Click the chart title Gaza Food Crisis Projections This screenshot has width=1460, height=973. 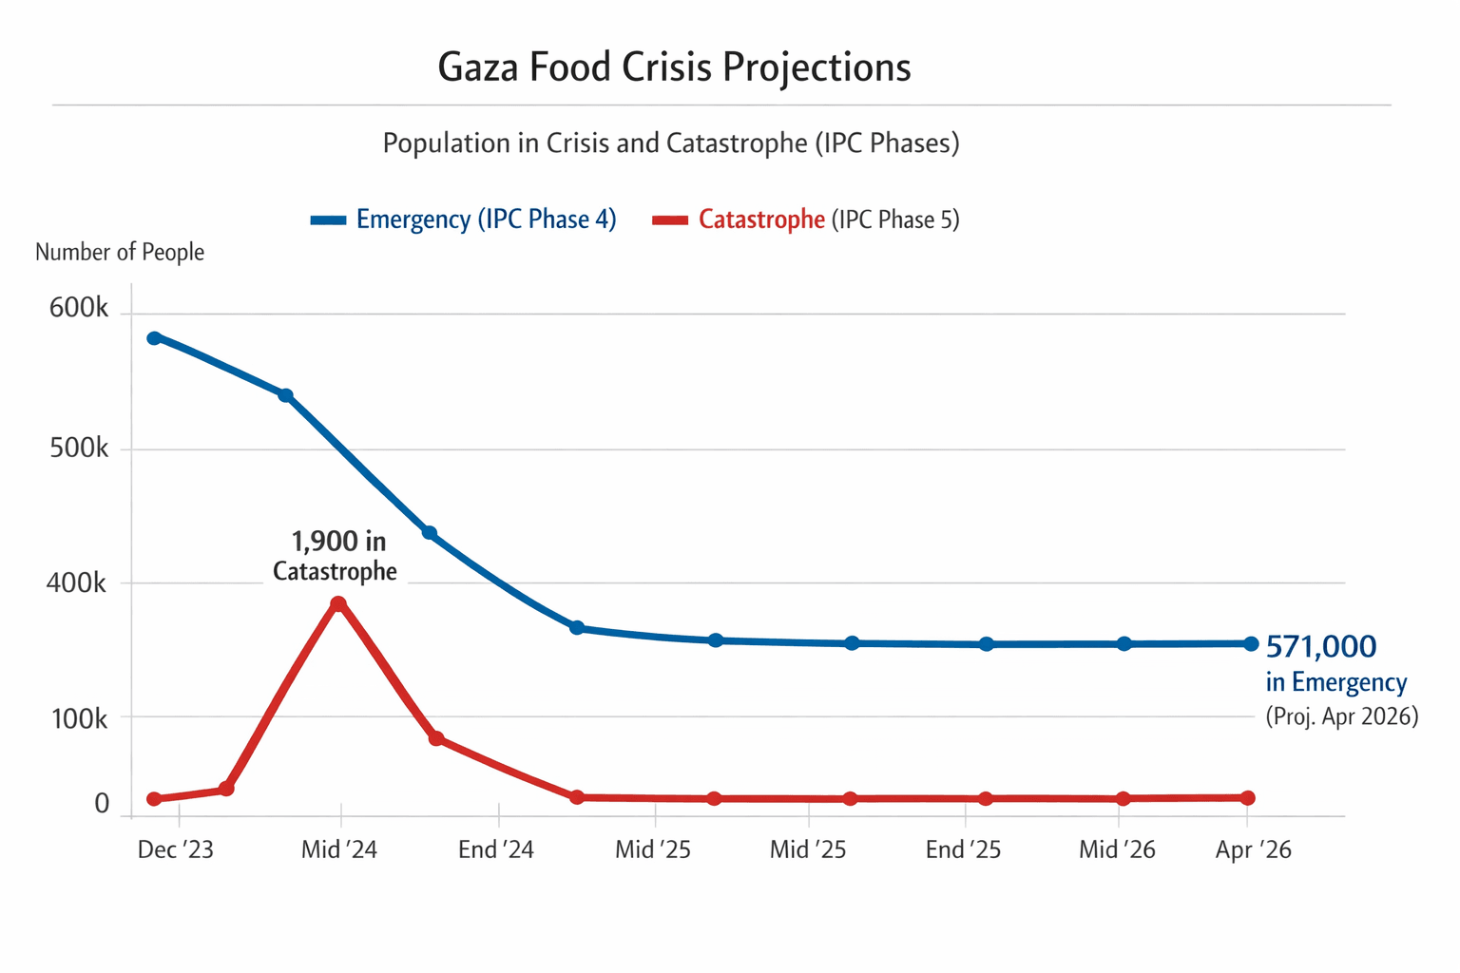tap(674, 67)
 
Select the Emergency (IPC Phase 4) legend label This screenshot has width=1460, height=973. tap(486, 219)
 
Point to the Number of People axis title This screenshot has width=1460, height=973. tap(120, 252)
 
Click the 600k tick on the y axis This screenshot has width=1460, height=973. tap(79, 309)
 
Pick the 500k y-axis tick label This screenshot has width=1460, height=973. tap(79, 448)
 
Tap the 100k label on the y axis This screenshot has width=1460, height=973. tap(79, 719)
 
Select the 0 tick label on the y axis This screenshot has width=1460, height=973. tap(102, 804)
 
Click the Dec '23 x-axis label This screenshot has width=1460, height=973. tap(176, 849)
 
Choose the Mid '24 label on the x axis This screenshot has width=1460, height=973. tap(339, 849)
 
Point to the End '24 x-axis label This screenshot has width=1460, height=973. tap(496, 849)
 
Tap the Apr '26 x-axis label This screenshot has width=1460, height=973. tap(1253, 849)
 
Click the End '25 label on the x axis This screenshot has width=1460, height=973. tap(963, 849)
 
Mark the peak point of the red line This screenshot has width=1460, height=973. tap(338, 603)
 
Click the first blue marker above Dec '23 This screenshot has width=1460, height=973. tap(154, 338)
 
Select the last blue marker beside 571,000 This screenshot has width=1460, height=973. tap(1251, 643)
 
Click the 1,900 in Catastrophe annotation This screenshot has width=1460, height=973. tap(336, 556)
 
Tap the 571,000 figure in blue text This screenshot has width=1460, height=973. tap(1321, 647)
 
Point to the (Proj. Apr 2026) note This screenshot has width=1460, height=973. tap(1341, 716)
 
